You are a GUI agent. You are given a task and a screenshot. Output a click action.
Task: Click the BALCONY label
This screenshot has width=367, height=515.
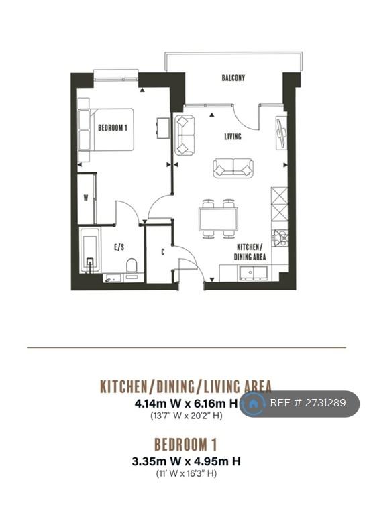(x=233, y=78)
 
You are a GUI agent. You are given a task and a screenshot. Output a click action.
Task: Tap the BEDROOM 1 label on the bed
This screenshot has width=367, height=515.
(x=112, y=128)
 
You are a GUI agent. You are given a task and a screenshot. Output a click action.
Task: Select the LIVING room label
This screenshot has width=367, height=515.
(x=233, y=136)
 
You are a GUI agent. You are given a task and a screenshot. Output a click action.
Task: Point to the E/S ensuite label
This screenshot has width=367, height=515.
(x=119, y=247)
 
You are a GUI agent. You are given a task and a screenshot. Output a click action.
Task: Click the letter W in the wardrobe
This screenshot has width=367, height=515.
(x=86, y=198)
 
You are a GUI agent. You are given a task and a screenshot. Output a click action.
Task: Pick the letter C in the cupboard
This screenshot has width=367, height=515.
(x=162, y=252)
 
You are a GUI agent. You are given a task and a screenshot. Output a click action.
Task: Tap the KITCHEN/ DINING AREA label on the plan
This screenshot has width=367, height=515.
(x=250, y=252)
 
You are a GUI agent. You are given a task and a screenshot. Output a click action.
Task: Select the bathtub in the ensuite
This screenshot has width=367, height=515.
(x=90, y=250)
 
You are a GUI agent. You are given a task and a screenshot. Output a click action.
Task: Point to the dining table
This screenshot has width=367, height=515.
(x=218, y=219)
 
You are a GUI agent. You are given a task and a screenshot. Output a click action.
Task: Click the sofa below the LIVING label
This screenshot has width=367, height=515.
(x=233, y=168)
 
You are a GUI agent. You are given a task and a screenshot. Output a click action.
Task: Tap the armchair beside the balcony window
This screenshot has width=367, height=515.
(x=185, y=135)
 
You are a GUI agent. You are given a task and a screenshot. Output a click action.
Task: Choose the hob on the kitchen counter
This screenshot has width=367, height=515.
(x=279, y=237)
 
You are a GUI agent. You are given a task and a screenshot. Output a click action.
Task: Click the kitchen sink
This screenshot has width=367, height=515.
(x=253, y=273)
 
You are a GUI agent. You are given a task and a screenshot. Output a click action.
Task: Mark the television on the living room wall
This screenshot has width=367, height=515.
(x=281, y=133)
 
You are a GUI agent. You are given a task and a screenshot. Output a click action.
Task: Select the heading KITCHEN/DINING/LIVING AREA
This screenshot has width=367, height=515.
(x=186, y=386)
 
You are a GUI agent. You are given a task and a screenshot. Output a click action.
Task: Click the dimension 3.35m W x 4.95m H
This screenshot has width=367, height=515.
(x=186, y=461)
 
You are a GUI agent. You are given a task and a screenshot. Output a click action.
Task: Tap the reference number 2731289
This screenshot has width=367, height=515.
(x=325, y=403)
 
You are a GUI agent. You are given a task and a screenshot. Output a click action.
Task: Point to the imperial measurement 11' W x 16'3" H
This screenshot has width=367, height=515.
(x=186, y=473)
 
